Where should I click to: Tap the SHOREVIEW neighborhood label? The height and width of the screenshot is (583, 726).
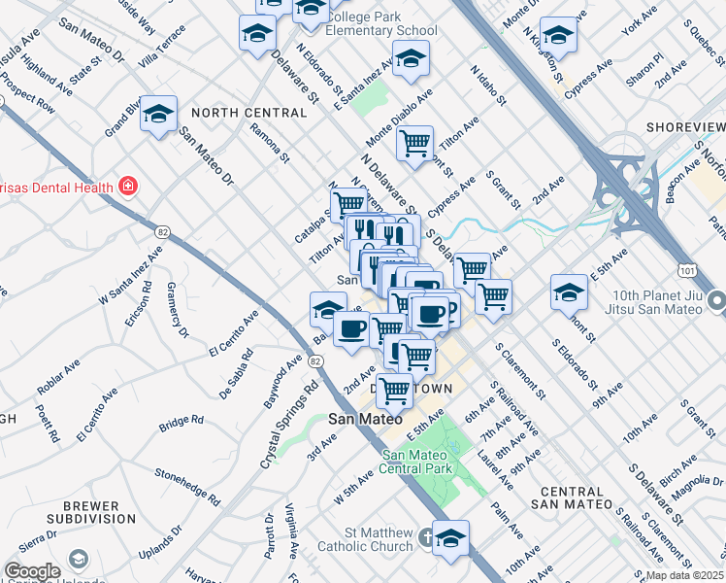point(684,127)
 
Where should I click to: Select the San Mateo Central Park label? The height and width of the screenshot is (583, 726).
point(418,463)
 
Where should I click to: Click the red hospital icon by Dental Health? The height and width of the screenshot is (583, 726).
point(126,185)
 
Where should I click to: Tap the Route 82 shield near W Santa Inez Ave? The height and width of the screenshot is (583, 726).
point(163,231)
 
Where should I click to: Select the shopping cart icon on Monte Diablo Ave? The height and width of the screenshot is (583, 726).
point(414,144)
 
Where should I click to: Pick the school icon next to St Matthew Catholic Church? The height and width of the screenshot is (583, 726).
point(450,537)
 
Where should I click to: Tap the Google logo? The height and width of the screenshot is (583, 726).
point(31,571)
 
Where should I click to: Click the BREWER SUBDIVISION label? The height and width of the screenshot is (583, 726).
point(91,514)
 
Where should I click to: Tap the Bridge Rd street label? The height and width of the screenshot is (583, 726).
point(181,421)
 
